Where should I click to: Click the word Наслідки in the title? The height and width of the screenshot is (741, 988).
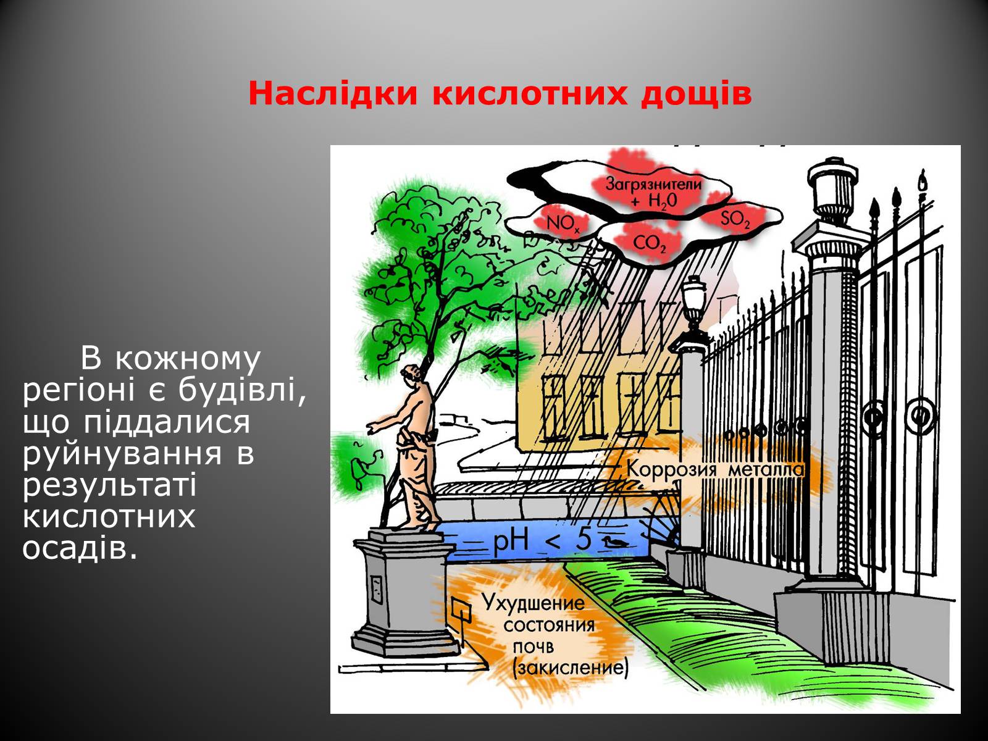(333, 93)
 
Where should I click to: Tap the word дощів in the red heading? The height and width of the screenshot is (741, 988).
(697, 94)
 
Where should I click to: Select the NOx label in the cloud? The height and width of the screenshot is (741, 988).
(563, 224)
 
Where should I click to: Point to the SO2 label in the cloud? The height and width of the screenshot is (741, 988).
(735, 219)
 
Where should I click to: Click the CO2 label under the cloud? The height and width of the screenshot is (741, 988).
(649, 245)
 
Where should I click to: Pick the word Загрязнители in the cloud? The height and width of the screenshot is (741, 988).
(653, 183)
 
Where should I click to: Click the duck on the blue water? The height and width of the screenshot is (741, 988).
(615, 542)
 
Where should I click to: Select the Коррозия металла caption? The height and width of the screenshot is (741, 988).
(715, 470)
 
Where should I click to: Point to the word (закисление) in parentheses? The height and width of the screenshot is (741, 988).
(570, 668)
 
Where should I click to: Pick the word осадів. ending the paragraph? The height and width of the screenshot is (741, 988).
(79, 548)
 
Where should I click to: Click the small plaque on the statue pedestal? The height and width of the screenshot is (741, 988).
(376, 589)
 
